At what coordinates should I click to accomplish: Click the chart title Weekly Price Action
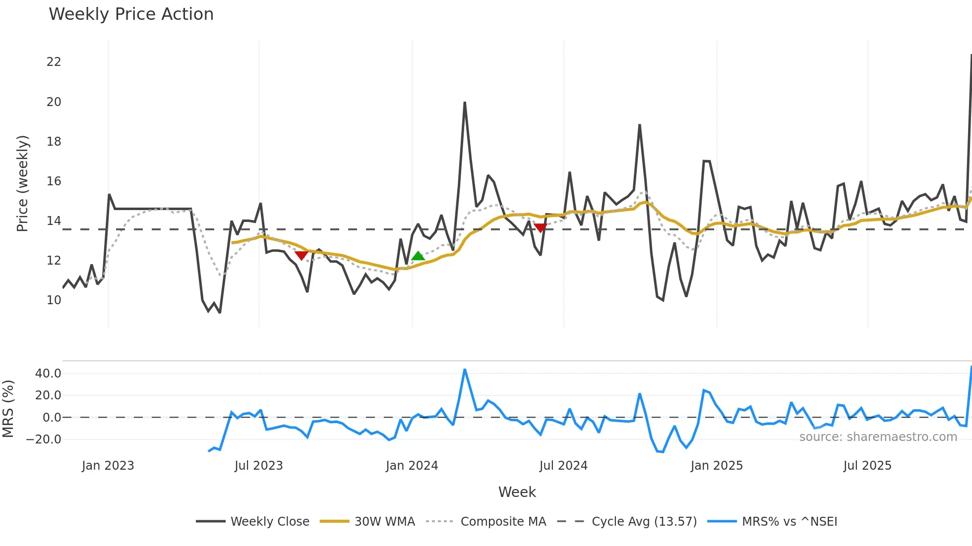(x=131, y=14)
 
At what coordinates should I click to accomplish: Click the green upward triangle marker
(x=418, y=256)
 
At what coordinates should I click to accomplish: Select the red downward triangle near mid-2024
(x=541, y=228)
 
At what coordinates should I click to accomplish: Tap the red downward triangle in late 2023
(x=301, y=256)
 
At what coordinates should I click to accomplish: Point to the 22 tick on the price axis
(x=54, y=62)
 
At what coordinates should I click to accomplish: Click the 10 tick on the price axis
(x=54, y=300)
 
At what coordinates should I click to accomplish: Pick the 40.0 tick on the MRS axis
(x=48, y=374)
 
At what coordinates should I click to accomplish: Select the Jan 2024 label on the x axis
(x=412, y=466)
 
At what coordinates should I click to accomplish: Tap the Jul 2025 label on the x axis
(x=867, y=466)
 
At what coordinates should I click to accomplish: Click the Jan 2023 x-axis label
(x=108, y=466)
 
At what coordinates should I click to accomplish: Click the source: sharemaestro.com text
(x=878, y=437)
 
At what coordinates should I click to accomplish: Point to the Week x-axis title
(x=517, y=492)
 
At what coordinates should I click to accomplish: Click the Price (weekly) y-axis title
(x=22, y=183)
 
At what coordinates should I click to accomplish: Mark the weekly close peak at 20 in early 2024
(x=465, y=103)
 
